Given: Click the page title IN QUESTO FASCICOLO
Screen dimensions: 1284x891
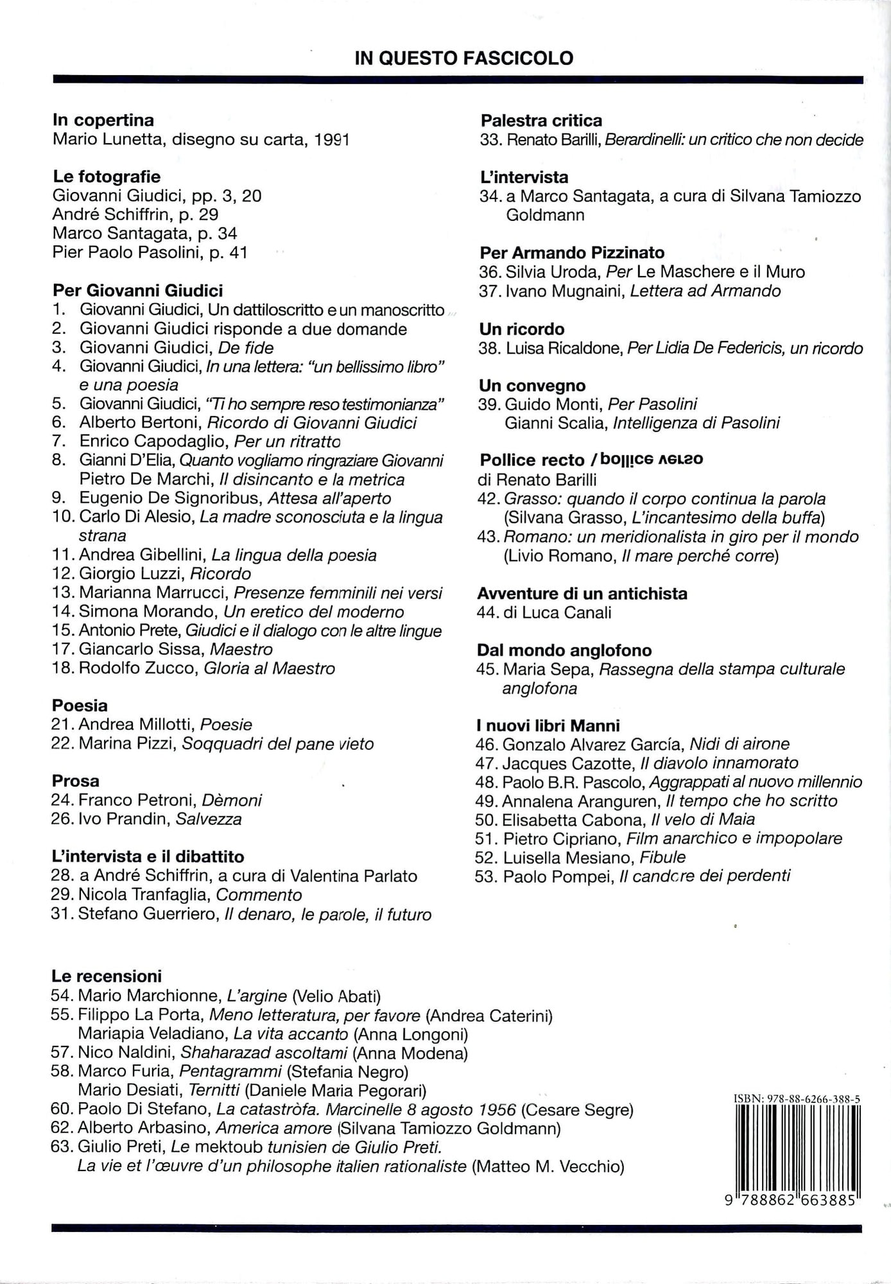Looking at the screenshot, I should click(463, 58).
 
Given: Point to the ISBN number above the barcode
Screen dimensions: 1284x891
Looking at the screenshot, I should click(796, 1099).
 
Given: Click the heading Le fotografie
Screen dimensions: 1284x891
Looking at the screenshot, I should click(107, 177).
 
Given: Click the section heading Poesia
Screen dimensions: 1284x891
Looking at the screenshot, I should click(80, 706).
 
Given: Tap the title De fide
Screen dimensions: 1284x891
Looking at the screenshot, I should click(246, 347).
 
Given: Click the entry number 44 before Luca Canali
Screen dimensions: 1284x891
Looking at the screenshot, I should click(490, 612).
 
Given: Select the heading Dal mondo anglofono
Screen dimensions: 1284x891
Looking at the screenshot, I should click(564, 650).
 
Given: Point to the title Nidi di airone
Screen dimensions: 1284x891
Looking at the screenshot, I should click(739, 744).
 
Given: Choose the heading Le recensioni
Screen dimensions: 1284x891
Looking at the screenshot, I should click(107, 976).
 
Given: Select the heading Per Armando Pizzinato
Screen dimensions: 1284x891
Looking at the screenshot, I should click(572, 252).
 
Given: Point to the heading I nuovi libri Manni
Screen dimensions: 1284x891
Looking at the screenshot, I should click(548, 725).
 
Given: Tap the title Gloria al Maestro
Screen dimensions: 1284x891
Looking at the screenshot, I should click(269, 668).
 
